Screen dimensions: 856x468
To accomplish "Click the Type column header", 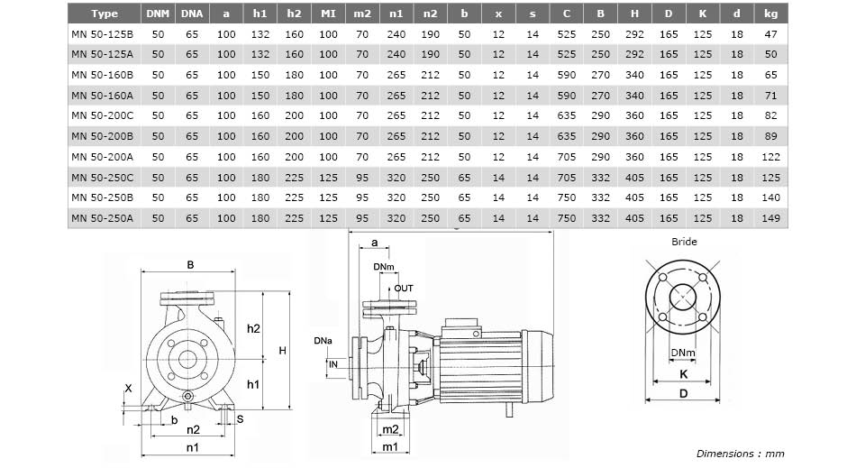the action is click(x=105, y=14).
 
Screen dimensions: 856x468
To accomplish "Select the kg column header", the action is click(x=770, y=14).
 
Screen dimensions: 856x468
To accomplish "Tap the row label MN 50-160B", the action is click(x=102, y=75).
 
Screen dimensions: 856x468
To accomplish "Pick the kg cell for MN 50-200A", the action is click(x=770, y=157).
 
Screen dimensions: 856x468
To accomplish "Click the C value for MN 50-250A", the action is click(x=567, y=218).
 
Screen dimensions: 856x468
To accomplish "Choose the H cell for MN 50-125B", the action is click(x=634, y=34).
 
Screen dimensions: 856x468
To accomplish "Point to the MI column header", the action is click(x=328, y=14).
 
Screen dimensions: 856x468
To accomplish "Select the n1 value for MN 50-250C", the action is click(x=396, y=178).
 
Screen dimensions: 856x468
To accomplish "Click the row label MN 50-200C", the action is click(x=102, y=115).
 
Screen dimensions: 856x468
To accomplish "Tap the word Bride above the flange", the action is click(x=684, y=242).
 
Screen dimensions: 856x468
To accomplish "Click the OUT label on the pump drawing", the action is click(x=404, y=289).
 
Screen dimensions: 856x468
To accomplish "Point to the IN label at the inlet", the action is click(x=333, y=364).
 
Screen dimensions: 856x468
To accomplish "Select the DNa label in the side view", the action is click(x=323, y=341).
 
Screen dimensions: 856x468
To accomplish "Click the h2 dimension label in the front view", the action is click(x=253, y=328).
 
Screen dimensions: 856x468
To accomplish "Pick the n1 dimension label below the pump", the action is click(x=192, y=448).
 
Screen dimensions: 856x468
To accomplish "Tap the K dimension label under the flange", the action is click(x=684, y=374).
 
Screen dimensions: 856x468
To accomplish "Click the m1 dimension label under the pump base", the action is click(x=390, y=447).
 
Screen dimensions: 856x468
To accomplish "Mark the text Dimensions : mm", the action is click(x=740, y=454).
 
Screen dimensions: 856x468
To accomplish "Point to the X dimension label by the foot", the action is click(x=128, y=389).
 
